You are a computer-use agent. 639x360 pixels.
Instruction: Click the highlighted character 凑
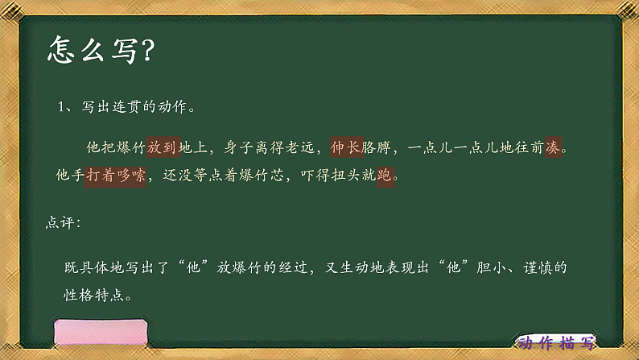553,148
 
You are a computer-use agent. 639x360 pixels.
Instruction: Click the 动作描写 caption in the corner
557,342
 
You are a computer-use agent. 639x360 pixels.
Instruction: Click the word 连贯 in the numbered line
129,107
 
